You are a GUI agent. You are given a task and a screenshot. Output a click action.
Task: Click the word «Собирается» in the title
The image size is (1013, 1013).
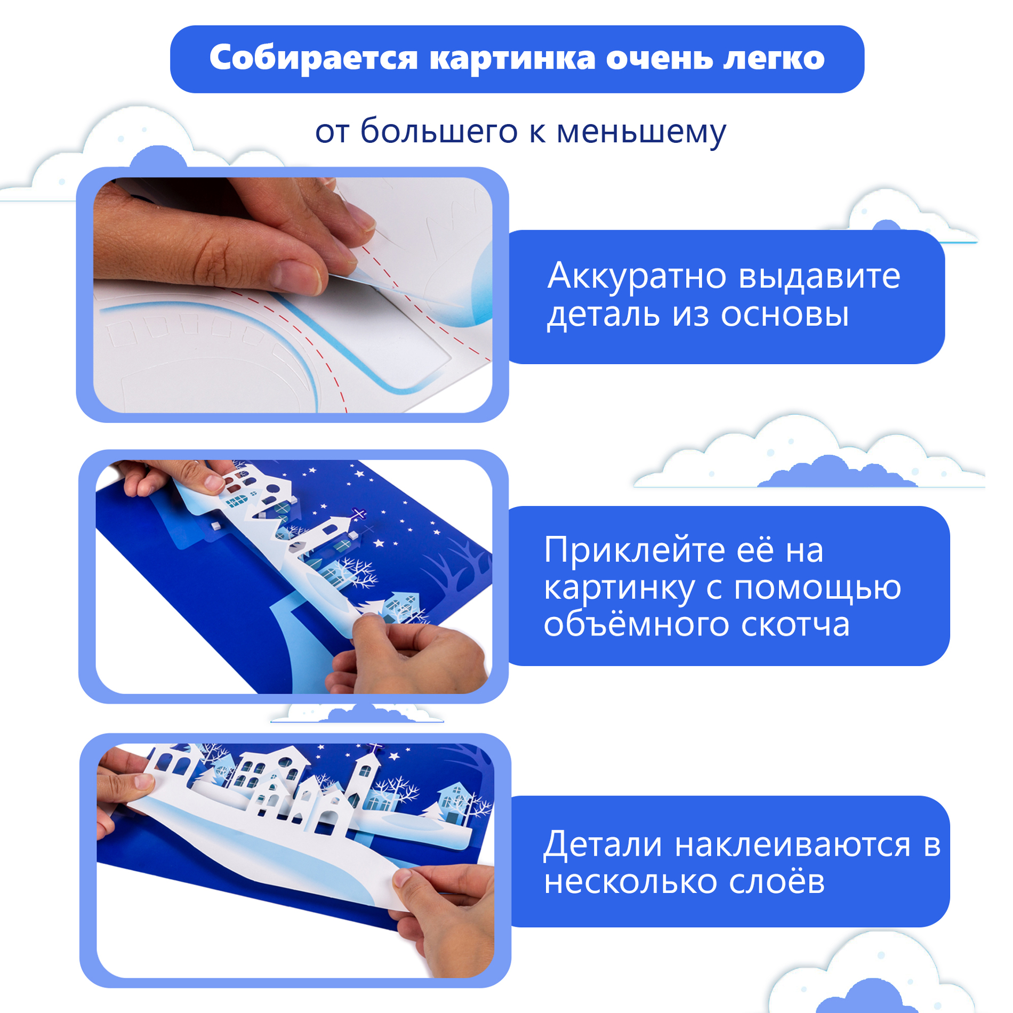point(313,59)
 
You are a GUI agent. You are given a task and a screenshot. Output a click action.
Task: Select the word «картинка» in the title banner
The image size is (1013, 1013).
point(512,59)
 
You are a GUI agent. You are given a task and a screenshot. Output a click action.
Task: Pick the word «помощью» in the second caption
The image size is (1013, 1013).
point(818,588)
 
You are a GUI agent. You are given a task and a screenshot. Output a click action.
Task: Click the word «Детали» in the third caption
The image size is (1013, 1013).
point(602,845)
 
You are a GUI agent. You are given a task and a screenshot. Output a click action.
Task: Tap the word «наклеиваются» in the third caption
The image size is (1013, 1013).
point(792,846)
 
